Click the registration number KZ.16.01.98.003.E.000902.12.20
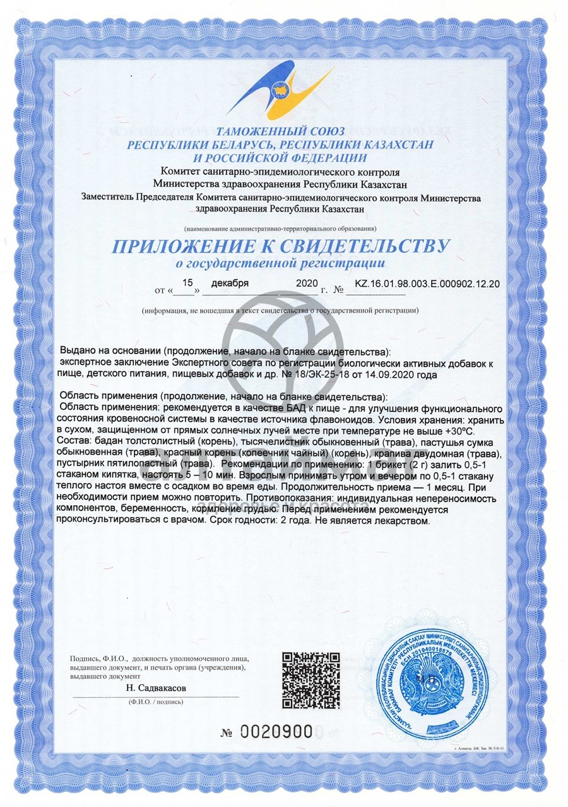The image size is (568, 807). (x=427, y=284)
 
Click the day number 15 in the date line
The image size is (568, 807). (x=186, y=284)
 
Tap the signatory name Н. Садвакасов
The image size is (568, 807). (x=157, y=688)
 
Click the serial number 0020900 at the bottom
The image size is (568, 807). (x=277, y=732)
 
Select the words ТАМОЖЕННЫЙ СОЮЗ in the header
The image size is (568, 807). (x=280, y=132)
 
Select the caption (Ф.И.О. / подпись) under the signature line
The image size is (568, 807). (x=156, y=701)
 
